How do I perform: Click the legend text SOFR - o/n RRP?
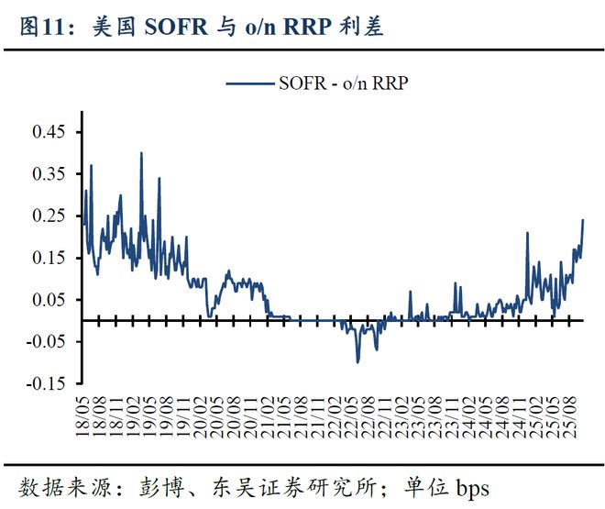tap(343, 83)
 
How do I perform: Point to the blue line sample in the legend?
tap(249, 83)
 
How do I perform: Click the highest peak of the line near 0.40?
tap(141, 154)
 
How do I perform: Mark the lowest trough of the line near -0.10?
tap(357, 361)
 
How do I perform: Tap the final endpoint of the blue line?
tap(583, 220)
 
